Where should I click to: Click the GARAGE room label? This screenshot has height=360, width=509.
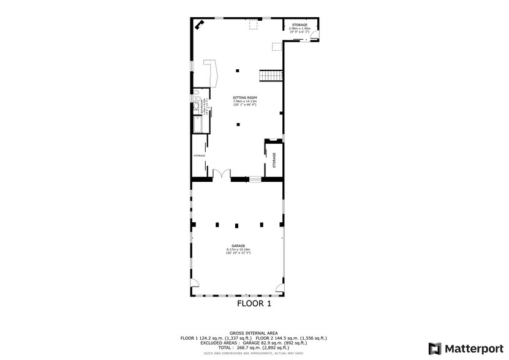tap(238, 246)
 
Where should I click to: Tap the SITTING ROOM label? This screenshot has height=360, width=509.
tap(244, 98)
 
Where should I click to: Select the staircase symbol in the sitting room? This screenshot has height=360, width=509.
tap(270, 75)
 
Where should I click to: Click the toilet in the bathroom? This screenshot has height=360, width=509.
tap(195, 100)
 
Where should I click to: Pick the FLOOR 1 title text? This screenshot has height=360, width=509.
tap(254, 302)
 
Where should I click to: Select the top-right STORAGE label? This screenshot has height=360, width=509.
tap(300, 24)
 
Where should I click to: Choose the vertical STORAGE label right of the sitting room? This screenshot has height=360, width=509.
tap(274, 160)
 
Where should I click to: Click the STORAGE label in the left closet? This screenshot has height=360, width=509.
tap(200, 156)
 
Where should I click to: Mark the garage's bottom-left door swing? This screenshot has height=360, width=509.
tap(195, 283)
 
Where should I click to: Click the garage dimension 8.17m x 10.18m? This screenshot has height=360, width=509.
tap(238, 249)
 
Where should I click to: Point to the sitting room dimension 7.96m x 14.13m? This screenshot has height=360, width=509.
tap(244, 102)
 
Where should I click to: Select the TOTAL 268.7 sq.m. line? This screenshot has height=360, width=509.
tap(254, 347)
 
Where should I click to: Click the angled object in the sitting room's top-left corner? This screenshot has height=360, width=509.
tap(199, 25)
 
